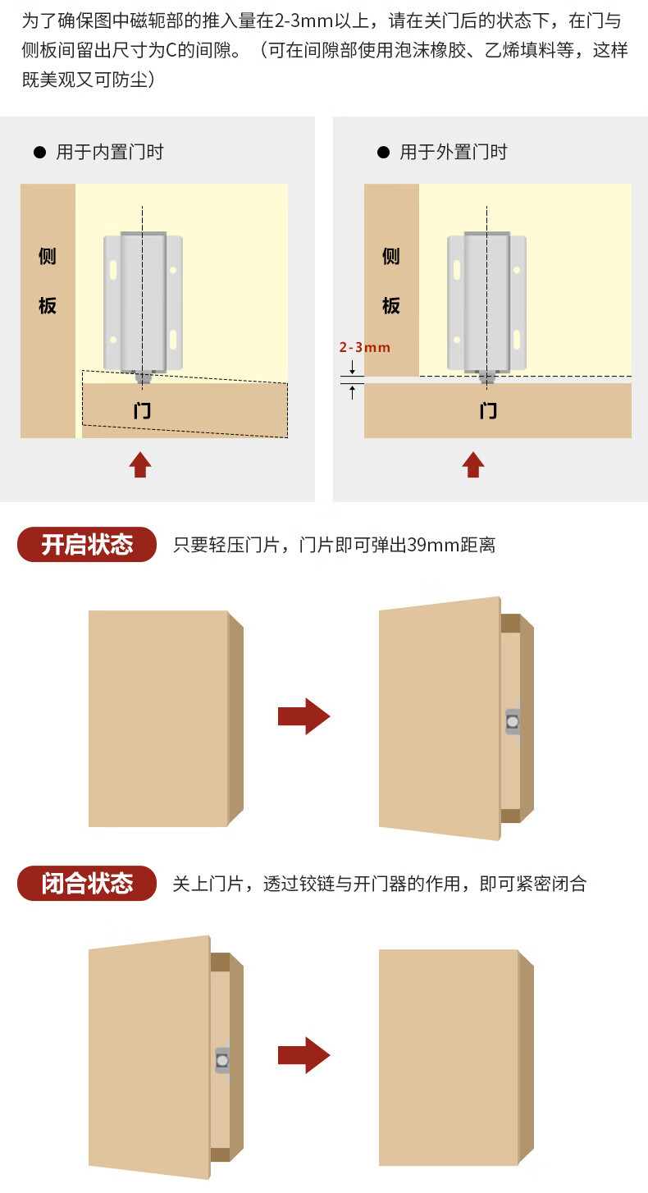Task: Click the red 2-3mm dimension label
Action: [365, 347]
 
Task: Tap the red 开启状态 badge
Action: [87, 544]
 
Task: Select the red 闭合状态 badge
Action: [87, 883]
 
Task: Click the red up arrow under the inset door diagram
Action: [140, 464]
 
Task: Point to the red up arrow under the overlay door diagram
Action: [472, 464]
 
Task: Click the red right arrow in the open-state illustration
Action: [304, 716]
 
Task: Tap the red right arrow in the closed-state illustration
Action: [304, 1055]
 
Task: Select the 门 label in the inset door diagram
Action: [142, 410]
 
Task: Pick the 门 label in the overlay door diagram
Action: [488, 410]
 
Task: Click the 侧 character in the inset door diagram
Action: [47, 256]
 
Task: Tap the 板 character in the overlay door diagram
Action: [390, 306]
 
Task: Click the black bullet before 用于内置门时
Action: [39, 153]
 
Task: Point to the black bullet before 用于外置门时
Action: [383, 153]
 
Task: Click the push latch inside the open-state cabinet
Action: [512, 722]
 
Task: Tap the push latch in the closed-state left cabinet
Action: [222, 1060]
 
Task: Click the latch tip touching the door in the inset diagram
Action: [143, 377]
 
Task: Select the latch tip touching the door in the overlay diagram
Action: [486, 377]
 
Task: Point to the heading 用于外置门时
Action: [453, 153]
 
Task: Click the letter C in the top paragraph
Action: [171, 50]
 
